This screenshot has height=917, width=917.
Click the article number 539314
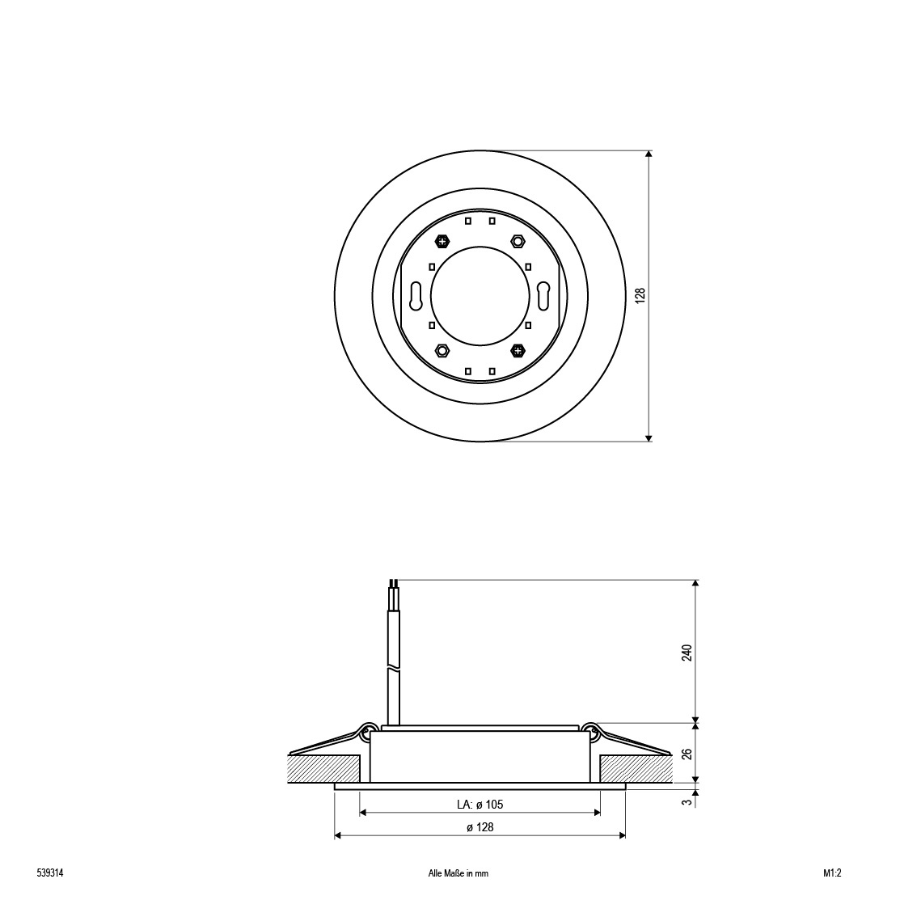pos(49,873)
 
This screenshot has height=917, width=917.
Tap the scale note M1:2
pos(832,873)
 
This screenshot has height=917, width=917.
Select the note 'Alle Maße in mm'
pos(458,873)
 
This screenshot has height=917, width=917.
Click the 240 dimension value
pos(687,653)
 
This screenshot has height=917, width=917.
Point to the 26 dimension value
pos(687,754)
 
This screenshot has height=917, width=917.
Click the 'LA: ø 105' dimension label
pos(480,805)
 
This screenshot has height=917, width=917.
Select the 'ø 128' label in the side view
pos(480,827)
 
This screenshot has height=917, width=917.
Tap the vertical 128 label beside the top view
pos(640,295)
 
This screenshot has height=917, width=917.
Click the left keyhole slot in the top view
pos(416,296)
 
